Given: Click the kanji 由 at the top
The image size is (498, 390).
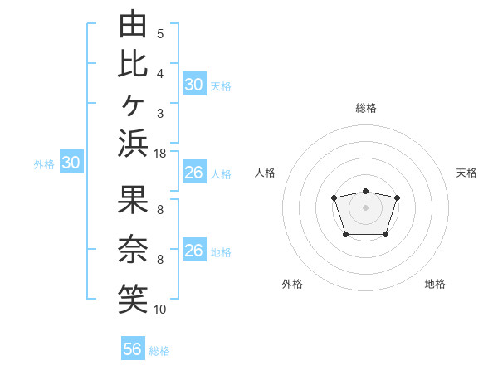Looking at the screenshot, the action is pyautogui.click(x=133, y=23).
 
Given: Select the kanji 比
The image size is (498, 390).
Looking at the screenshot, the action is pyautogui.click(x=133, y=64).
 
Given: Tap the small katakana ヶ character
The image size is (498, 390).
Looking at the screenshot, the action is pyautogui.click(x=133, y=105).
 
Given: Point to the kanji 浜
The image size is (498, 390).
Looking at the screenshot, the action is pyautogui.click(x=133, y=144).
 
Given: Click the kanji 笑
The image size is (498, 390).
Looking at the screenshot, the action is pyautogui.click(x=133, y=299).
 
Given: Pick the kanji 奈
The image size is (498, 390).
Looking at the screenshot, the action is pyautogui.click(x=133, y=249).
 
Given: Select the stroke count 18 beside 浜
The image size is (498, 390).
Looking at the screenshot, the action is pyautogui.click(x=159, y=154).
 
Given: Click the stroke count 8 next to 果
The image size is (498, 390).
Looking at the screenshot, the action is pyautogui.click(x=160, y=210).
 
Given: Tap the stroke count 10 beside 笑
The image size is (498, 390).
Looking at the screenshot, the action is pyautogui.click(x=159, y=310).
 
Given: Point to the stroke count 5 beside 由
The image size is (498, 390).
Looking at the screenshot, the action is pyautogui.click(x=160, y=34).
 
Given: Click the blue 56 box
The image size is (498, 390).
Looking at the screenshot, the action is pyautogui.click(x=133, y=348).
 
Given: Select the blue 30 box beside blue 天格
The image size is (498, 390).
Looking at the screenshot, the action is pyautogui.click(x=194, y=84).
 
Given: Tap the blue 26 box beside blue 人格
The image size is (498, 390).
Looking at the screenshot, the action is pyautogui.click(x=194, y=172).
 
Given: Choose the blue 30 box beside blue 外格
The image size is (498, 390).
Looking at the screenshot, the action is pyautogui.click(x=71, y=161).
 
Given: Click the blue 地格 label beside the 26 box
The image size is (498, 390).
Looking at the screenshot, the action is pyautogui.click(x=221, y=252).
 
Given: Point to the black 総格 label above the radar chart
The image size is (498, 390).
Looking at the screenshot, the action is pyautogui.click(x=366, y=108).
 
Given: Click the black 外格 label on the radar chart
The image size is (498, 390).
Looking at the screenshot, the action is pyautogui.click(x=292, y=284).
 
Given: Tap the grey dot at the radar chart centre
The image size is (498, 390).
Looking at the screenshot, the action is pyautogui.click(x=365, y=207).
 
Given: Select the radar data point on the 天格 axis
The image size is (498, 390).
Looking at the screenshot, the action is pyautogui.click(x=397, y=197).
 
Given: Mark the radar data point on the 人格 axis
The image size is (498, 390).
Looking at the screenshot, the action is pyautogui.click(x=334, y=197).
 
